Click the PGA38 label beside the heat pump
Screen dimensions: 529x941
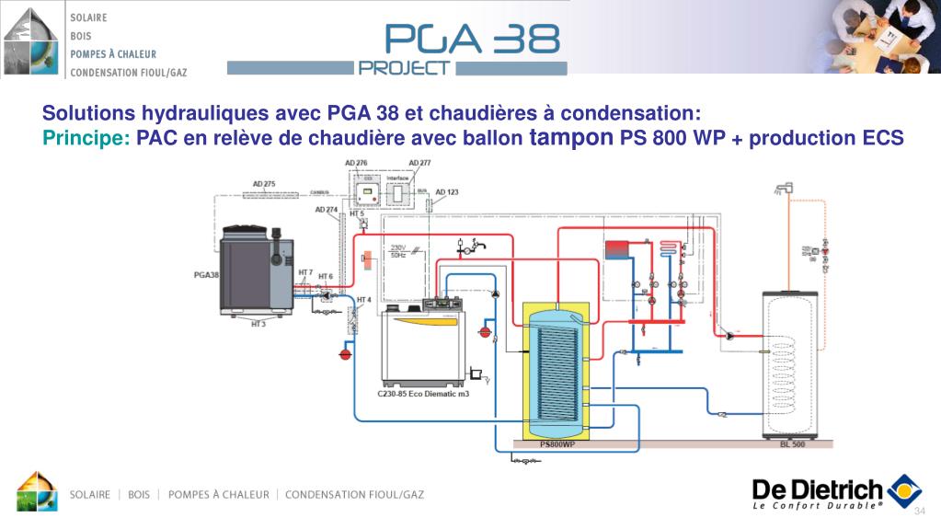[x=206, y=274]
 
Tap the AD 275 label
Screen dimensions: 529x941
[x=264, y=184]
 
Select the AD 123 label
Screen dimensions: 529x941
[x=447, y=192]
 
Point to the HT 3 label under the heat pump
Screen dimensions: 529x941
[x=258, y=324]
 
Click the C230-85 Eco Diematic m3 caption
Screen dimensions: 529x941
[x=423, y=394]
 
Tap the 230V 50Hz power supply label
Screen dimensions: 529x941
[x=398, y=250]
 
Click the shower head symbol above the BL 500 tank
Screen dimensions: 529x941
[x=783, y=190]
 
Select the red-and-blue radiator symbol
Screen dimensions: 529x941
[x=614, y=248]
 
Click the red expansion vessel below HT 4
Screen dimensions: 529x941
[x=346, y=351]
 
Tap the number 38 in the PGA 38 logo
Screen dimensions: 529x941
[x=525, y=38]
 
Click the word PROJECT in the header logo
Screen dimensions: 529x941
[x=405, y=67]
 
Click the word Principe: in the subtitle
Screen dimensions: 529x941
[x=86, y=138]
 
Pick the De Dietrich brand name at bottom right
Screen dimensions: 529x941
[x=817, y=489]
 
